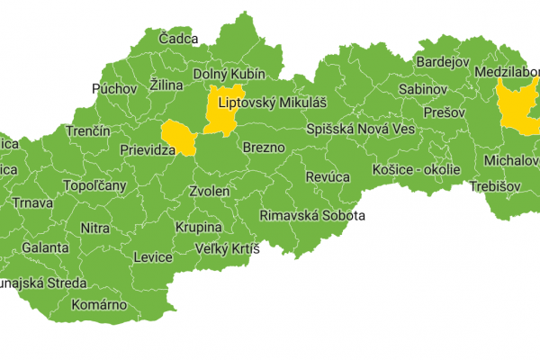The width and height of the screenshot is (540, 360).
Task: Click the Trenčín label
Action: pyautogui.click(x=87, y=131)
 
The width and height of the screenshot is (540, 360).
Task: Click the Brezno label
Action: pyautogui.click(x=264, y=147)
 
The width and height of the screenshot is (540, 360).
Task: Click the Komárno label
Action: pyautogui.click(x=100, y=304)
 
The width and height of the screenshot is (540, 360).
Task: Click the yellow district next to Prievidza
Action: pyautogui.click(x=180, y=138)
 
